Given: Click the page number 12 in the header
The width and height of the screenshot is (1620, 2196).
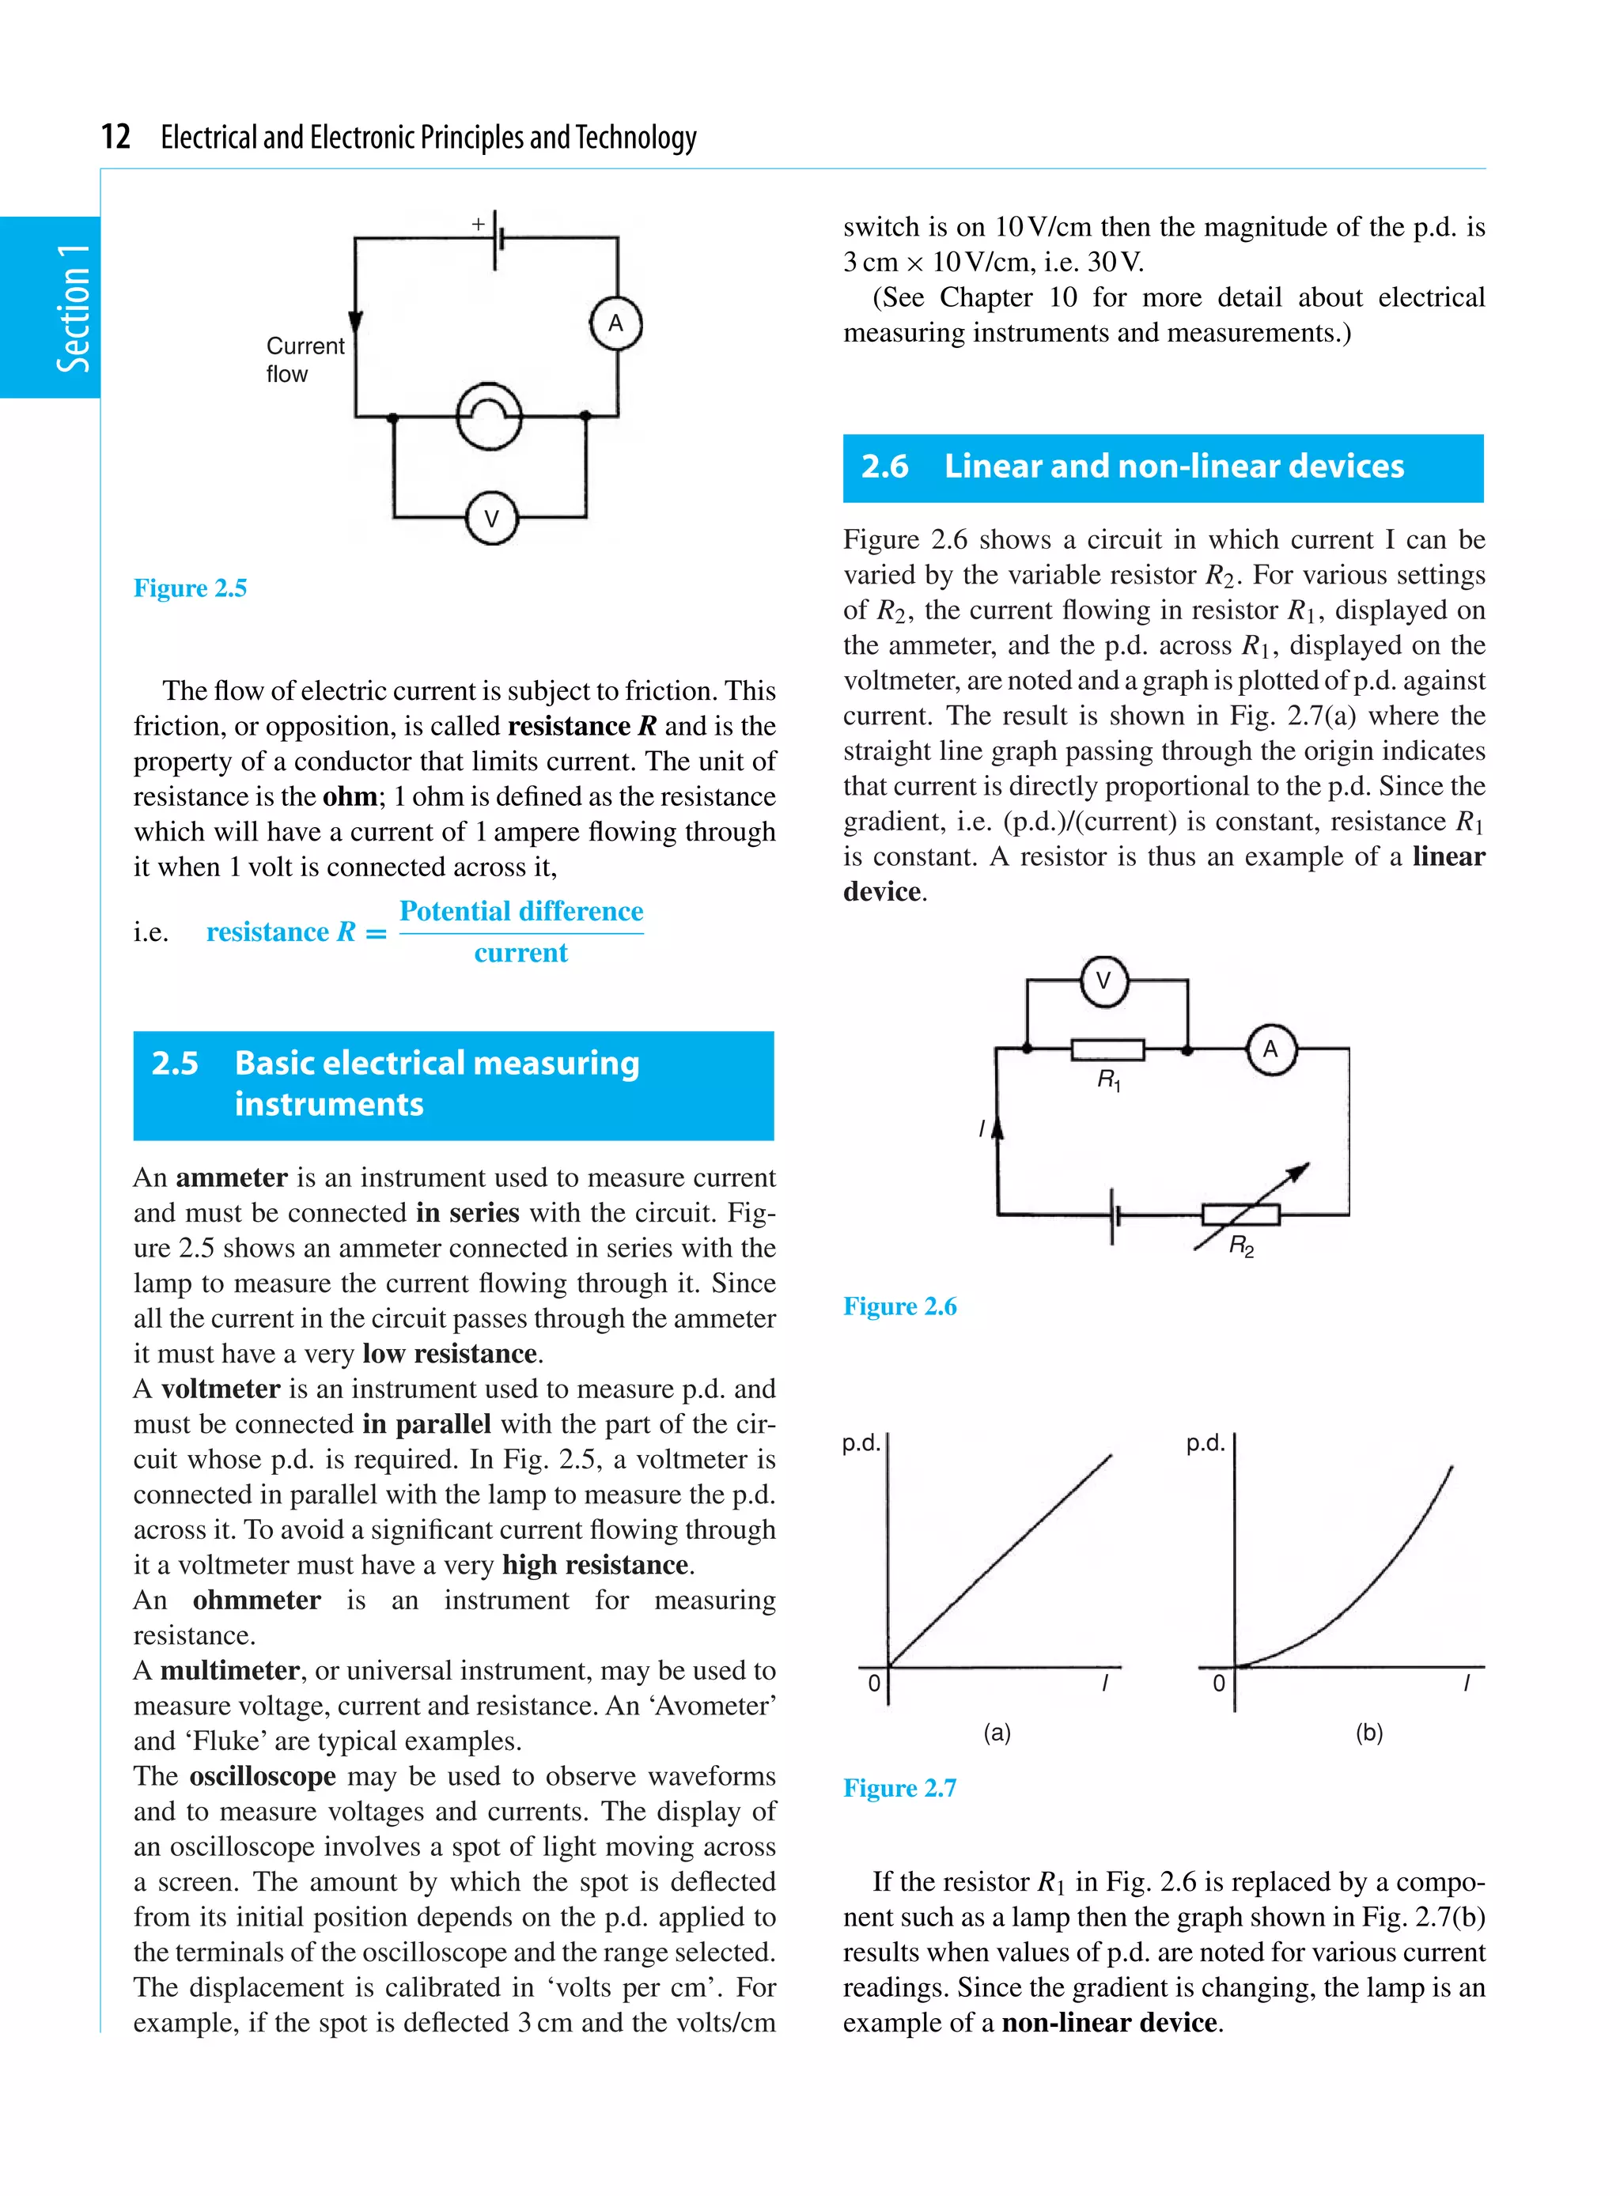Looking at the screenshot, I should [115, 136].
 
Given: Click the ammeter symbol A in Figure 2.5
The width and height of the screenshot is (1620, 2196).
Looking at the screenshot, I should [616, 323].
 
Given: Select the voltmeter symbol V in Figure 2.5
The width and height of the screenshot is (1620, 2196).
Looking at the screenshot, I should [491, 518].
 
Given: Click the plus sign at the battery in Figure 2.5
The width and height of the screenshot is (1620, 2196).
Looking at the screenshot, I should [479, 225].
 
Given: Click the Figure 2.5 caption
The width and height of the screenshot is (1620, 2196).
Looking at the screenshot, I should [191, 588].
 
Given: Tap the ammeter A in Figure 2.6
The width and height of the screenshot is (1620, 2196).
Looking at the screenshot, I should [1271, 1049].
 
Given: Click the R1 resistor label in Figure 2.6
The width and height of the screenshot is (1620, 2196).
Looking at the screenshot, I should [1108, 1080].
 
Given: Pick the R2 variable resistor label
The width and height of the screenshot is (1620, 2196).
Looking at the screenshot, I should [1240, 1246].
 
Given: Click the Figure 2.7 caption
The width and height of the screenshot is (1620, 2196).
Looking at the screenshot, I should [899, 1787].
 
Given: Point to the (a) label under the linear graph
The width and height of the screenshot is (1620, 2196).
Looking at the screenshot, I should [997, 1733].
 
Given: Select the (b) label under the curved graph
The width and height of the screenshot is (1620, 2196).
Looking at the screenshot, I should [1369, 1733].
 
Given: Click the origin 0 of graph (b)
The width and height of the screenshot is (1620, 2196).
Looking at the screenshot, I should [1219, 1684].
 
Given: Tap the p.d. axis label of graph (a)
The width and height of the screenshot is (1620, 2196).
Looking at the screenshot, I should [861, 1443].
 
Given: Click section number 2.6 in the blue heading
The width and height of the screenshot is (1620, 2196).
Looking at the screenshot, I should [884, 467].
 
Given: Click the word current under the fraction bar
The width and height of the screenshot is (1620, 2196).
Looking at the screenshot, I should [520, 953].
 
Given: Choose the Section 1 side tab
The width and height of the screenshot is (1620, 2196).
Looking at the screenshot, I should [73, 308].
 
